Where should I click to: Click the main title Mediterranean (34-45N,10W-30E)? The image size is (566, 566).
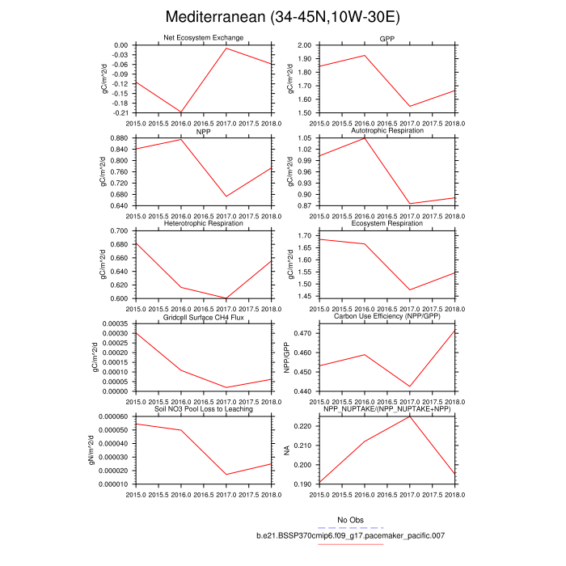[282, 17]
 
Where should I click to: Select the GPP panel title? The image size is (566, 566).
[387, 39]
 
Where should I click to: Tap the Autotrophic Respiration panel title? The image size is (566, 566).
[387, 131]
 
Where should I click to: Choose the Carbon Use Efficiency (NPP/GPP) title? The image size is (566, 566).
[387, 317]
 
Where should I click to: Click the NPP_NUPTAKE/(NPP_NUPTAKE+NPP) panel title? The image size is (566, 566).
[387, 409]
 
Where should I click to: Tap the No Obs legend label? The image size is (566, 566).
[351, 520]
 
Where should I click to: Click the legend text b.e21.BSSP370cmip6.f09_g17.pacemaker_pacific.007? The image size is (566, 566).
[351, 535]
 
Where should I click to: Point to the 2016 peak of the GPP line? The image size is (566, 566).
[366, 56]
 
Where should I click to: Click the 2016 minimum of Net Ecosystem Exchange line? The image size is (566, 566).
[181, 112]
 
